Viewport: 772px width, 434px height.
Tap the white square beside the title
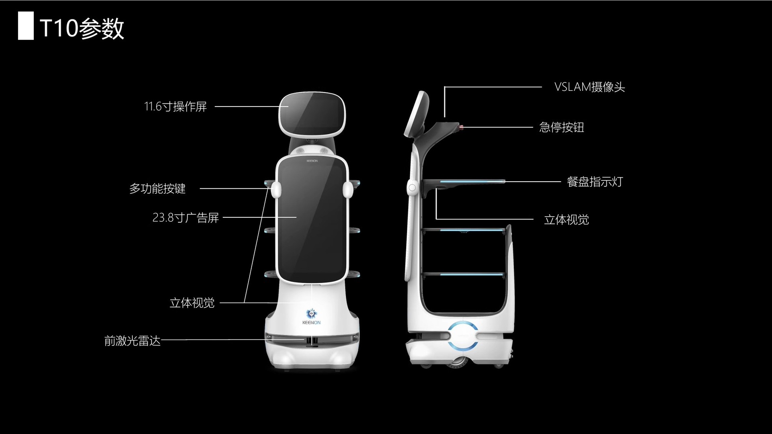click(26, 26)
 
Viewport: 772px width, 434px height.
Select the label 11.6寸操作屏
click(175, 106)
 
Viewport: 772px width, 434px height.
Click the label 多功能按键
click(157, 188)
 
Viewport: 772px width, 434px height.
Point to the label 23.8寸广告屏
click(185, 217)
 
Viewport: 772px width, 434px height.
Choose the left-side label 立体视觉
click(192, 303)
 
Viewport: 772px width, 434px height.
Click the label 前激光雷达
click(132, 341)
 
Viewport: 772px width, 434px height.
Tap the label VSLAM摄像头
click(589, 87)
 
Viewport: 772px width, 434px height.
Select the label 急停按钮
click(561, 127)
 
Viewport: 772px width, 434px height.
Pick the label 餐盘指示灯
click(594, 182)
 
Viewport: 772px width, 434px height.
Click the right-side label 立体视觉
click(566, 219)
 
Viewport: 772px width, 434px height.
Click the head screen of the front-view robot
click(312, 114)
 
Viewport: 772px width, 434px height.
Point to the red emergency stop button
click(461, 127)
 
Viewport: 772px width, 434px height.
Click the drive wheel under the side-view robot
click(456, 361)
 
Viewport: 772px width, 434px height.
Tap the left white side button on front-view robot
click(275, 190)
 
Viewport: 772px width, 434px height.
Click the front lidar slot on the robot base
click(311, 341)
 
